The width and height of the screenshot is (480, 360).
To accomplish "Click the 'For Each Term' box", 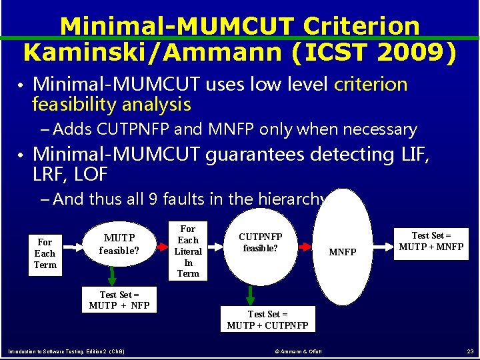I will point(45,253).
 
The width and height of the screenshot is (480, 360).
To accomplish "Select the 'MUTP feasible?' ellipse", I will point(119,245).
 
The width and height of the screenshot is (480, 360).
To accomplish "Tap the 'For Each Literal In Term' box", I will point(188,251).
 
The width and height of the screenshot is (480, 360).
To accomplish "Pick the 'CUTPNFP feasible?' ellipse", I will point(261,243).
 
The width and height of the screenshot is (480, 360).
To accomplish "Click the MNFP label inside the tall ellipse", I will point(343,252).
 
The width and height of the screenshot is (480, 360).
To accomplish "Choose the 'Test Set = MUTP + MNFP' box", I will point(431,241).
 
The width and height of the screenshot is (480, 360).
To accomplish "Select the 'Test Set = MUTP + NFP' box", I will point(119,300).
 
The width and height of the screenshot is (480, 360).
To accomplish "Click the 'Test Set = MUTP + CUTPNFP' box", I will point(267,319).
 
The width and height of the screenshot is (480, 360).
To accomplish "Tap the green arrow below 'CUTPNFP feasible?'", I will point(251,294).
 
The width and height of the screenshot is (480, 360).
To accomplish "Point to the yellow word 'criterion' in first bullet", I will point(371,85).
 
